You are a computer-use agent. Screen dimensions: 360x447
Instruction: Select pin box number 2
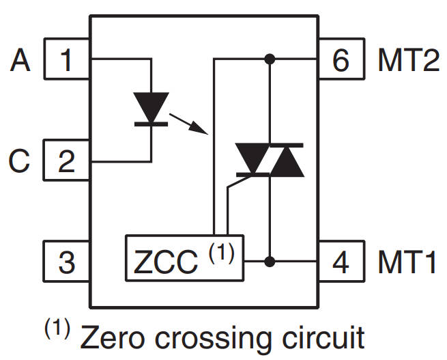click(67, 162)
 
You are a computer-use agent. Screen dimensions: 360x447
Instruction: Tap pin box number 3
click(67, 262)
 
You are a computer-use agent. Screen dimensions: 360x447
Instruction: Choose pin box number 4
click(341, 262)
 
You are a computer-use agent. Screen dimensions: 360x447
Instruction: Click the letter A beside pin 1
click(20, 61)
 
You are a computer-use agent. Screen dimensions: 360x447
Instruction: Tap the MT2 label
click(408, 61)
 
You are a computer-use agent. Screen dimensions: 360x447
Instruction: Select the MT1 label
click(407, 262)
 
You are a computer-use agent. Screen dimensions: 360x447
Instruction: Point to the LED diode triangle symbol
click(150, 109)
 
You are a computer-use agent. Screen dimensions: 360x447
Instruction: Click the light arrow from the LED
click(188, 124)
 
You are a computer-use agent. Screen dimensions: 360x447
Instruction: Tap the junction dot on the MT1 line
click(270, 261)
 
